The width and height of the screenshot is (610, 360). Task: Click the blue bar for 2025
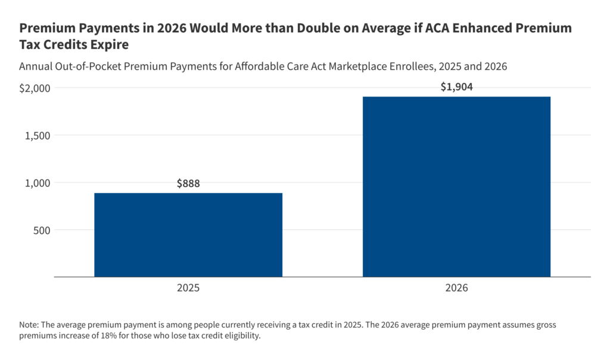[188, 235]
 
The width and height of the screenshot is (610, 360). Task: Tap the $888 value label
[188, 184]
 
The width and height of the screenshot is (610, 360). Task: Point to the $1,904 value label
[456, 87]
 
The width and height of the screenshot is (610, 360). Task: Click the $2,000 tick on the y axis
[35, 88]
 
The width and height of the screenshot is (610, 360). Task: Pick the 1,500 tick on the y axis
[38, 135]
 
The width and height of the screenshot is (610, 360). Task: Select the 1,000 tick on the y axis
[38, 182]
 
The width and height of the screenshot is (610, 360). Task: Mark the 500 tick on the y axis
[42, 230]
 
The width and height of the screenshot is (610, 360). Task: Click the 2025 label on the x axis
[188, 287]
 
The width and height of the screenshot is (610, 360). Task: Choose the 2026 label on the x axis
[456, 287]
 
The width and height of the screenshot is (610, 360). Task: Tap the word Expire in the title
[110, 45]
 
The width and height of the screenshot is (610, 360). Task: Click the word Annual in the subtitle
[37, 67]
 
